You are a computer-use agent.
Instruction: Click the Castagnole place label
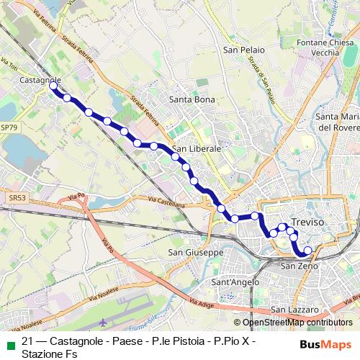point(40,79)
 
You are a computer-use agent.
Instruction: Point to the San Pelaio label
point(244,50)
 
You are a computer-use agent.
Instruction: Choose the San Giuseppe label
point(196,253)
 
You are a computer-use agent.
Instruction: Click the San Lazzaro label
point(294,310)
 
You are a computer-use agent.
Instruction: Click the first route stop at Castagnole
point(53,86)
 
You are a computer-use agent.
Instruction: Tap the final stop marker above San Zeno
point(308,251)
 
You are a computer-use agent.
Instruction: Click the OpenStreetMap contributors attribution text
point(297,323)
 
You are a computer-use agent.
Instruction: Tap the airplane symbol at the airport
point(107,323)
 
